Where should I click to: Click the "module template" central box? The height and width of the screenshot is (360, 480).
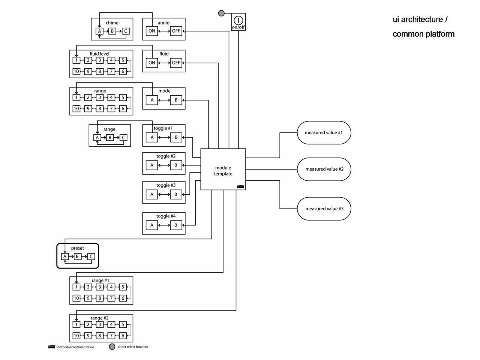(223, 169)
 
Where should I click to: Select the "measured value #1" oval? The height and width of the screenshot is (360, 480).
(324, 133)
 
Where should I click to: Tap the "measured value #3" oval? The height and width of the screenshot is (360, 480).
(324, 209)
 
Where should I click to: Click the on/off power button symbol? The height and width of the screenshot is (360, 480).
(238, 20)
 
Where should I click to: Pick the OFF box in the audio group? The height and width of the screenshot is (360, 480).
(176, 31)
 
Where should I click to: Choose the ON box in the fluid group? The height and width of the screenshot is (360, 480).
(151, 63)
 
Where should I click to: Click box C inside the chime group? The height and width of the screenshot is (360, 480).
(126, 31)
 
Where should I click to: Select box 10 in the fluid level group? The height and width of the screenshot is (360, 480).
(76, 71)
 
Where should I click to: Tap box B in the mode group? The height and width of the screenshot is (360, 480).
(176, 100)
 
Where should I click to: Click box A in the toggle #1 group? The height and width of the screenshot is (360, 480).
(151, 138)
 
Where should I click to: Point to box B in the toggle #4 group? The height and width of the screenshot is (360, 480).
(176, 225)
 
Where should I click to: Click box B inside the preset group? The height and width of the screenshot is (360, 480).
(77, 256)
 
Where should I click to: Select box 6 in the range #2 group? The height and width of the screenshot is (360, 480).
(123, 336)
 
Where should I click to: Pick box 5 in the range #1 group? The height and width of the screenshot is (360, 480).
(123, 287)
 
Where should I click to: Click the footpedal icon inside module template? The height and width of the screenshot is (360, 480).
(240, 187)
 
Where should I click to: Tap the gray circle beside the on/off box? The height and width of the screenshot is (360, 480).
(221, 13)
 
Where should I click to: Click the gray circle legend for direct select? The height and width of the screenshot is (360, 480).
(112, 347)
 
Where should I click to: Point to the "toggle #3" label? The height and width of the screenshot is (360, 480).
(166, 185)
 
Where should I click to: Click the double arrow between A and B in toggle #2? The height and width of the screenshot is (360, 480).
(164, 165)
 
